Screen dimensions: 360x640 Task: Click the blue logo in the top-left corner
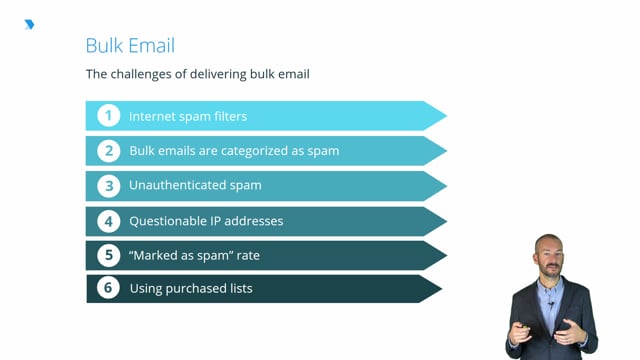[x=29, y=24]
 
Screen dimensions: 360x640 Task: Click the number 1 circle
[x=108, y=116]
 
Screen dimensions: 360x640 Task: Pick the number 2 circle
[x=108, y=151]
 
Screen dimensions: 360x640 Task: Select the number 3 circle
[x=108, y=185]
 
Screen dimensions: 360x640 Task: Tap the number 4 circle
[x=108, y=220]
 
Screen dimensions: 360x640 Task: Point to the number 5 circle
[x=108, y=255]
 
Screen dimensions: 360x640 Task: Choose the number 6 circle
[x=108, y=289]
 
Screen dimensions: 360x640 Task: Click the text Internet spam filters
[x=188, y=116]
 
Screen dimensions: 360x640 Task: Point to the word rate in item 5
[x=247, y=255]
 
